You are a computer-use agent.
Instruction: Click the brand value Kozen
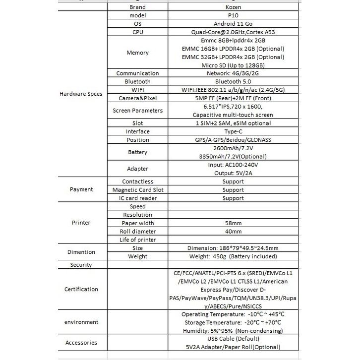pos(233,7)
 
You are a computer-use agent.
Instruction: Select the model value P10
pos(233,15)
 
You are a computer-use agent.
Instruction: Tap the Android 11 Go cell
pos(233,24)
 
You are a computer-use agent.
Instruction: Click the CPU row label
pos(137,32)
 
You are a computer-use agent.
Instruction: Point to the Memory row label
pos(137,53)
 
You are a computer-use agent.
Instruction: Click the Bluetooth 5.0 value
pos(233,81)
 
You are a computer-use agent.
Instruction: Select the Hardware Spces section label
pos(81,94)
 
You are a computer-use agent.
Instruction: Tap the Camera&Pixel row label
pos(137,98)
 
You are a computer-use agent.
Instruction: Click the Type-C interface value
pos(233,131)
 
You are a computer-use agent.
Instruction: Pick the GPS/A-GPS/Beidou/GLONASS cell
pos(233,140)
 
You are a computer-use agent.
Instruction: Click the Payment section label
pos(81,189)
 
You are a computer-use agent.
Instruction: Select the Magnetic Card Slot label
pos(137,189)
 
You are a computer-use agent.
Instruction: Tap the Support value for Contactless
pos(233,181)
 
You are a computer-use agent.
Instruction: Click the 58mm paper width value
pos(233,223)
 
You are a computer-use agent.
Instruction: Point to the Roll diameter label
pos(137,232)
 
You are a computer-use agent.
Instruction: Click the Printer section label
pos(81,223)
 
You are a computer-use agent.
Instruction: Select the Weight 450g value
pos(233,256)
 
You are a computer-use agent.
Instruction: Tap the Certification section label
pos(81,289)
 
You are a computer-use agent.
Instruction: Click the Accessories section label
pos(81,343)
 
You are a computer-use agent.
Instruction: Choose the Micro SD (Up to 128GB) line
pos(233,65)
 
